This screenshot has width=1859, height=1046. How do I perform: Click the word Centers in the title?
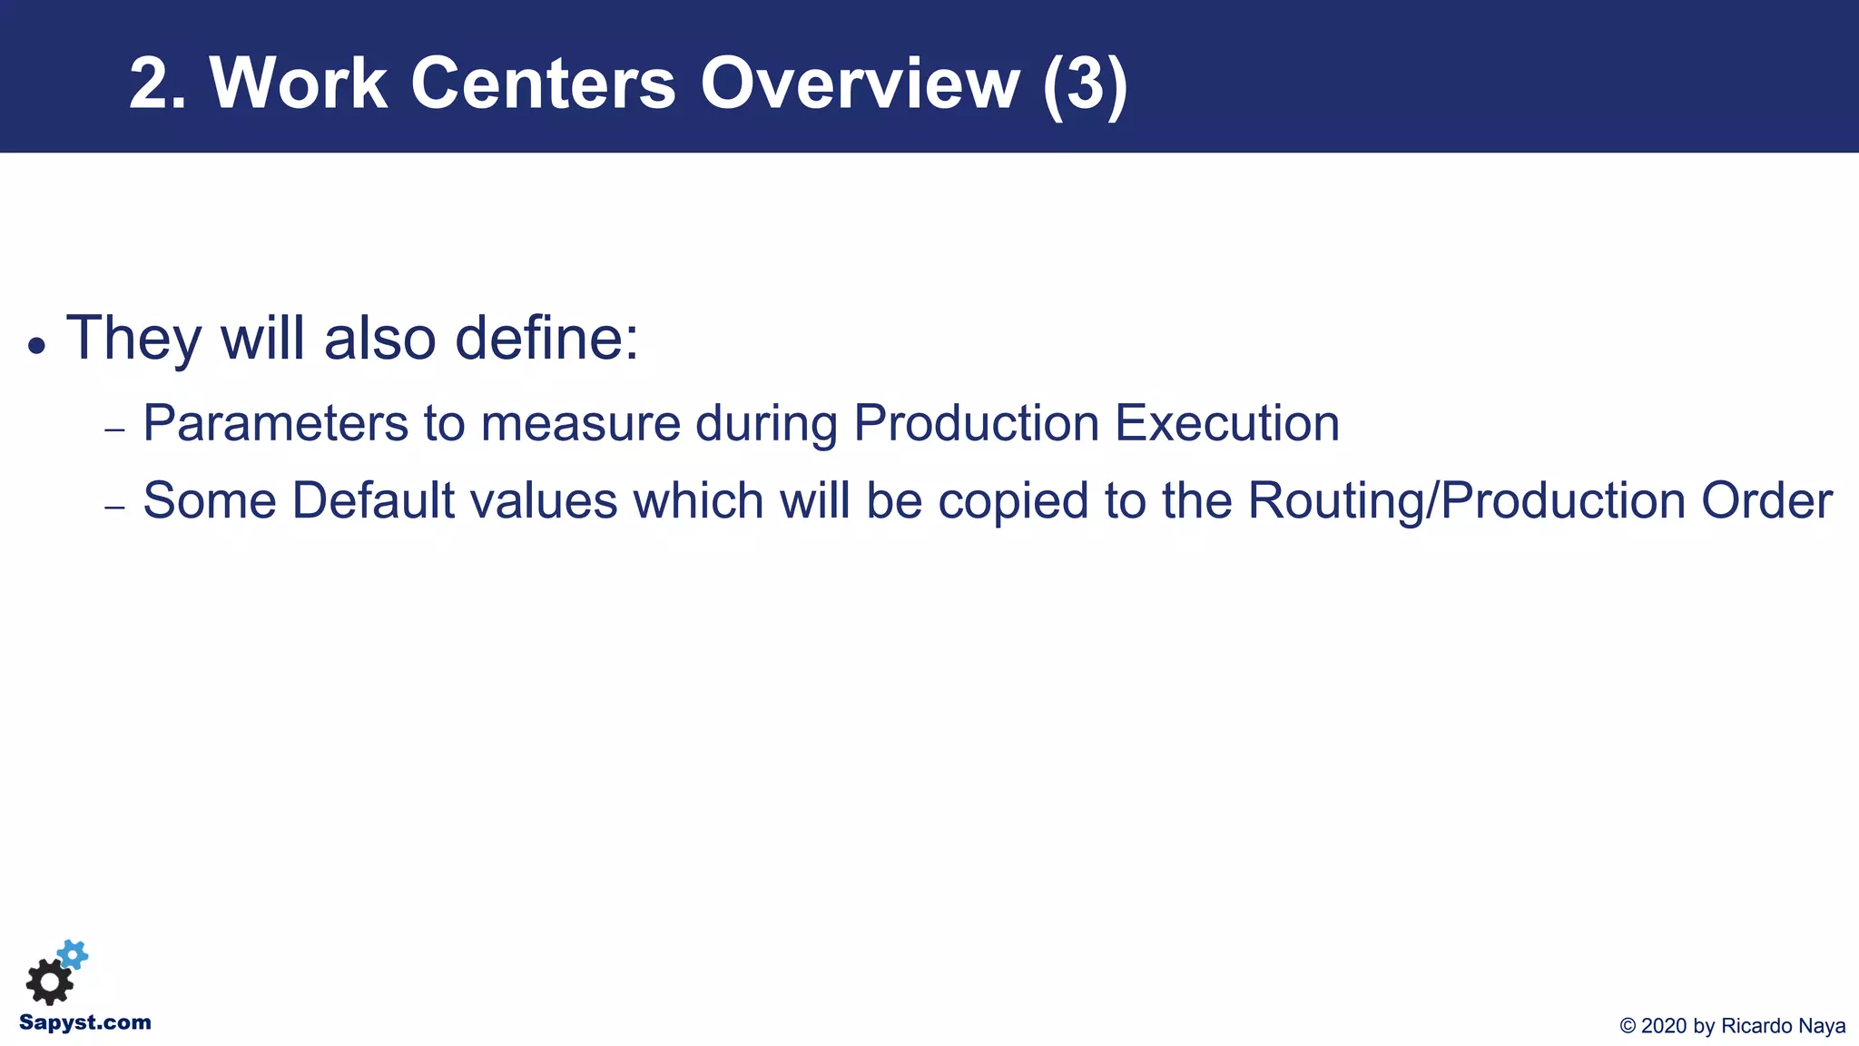click(543, 84)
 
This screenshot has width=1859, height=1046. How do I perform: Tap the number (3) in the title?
click(1085, 84)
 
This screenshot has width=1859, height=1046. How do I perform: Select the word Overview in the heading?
click(860, 84)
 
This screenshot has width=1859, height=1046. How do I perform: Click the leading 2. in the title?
click(157, 84)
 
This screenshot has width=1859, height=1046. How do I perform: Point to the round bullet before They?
click(36, 346)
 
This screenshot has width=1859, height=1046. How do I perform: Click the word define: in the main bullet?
click(546, 338)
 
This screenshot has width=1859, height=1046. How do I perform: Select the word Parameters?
click(275, 423)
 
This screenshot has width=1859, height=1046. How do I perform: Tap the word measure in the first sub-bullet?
click(580, 423)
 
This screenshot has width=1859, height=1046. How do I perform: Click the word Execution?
click(1226, 423)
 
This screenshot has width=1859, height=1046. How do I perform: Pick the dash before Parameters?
click(114, 429)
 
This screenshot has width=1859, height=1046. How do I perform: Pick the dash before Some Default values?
click(114, 508)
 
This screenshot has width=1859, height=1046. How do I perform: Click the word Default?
click(372, 501)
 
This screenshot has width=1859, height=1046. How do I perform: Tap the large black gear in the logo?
click(49, 982)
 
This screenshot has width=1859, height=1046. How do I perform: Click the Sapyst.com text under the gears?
click(85, 1023)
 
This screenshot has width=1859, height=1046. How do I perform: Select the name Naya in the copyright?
click(1822, 1027)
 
